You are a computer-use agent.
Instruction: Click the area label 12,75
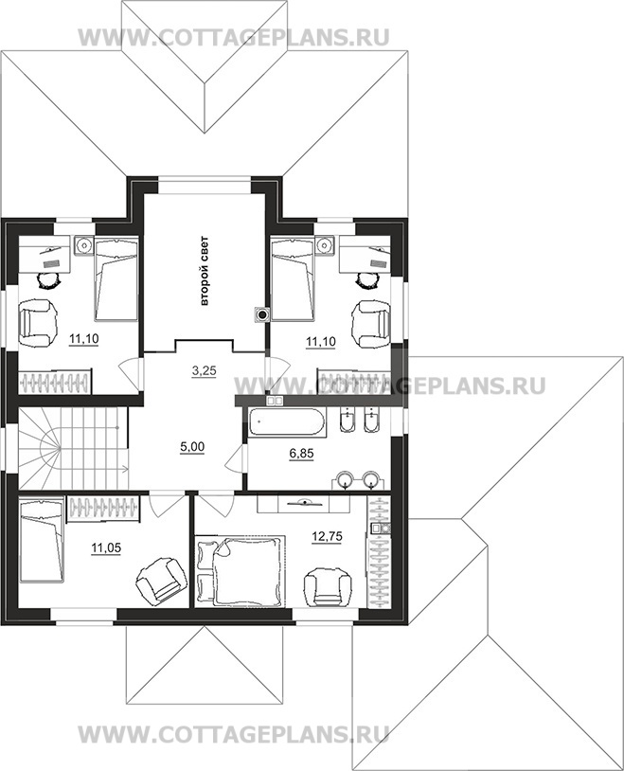pyautogui.click(x=327, y=536)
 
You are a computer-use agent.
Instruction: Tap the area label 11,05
pyautogui.click(x=106, y=547)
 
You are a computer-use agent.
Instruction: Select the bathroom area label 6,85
pyautogui.click(x=301, y=454)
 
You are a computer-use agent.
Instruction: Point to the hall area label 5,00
pyautogui.click(x=192, y=447)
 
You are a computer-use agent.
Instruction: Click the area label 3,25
pyautogui.click(x=204, y=371)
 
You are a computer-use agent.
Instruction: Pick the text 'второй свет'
pyautogui.click(x=205, y=272)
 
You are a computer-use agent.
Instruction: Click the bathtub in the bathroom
pyautogui.click(x=286, y=421)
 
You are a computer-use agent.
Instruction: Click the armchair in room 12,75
pyautogui.click(x=329, y=586)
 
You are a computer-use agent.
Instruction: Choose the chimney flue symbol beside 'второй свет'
pyautogui.click(x=262, y=314)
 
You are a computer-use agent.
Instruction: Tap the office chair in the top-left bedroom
pyautogui.click(x=48, y=279)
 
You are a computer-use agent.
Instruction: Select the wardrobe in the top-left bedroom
pyautogui.click(x=55, y=382)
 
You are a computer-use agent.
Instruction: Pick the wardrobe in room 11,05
pyautogui.click(x=104, y=508)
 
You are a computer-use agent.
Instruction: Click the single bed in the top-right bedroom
pyautogui.click(x=292, y=278)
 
